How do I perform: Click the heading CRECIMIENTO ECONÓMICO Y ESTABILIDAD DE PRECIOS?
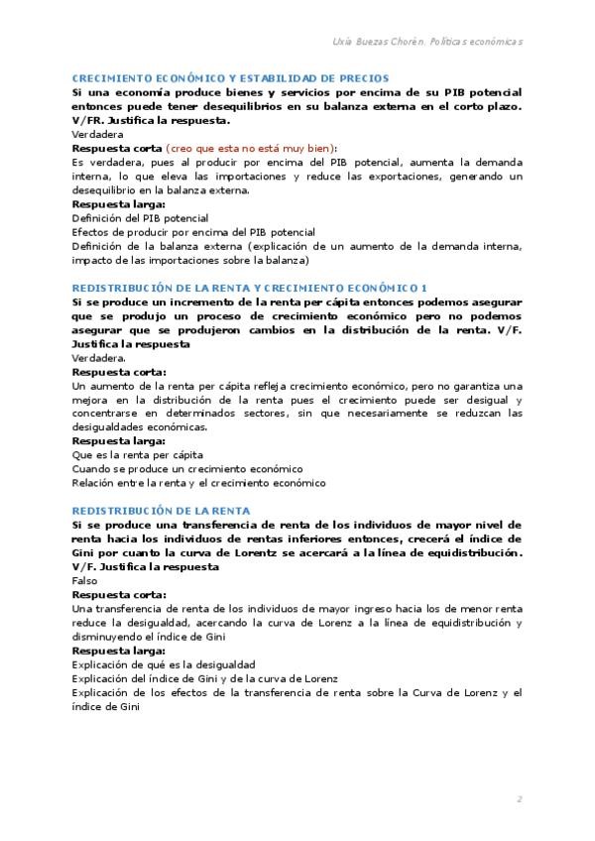click(x=230, y=77)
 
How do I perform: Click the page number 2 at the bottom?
click(x=520, y=799)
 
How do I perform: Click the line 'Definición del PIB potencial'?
click(x=140, y=217)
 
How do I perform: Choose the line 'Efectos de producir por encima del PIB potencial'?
click(x=193, y=231)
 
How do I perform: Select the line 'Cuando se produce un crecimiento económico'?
click(x=187, y=468)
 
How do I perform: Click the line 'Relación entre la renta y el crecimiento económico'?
click(x=198, y=483)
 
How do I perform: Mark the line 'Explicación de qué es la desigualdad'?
click(x=164, y=664)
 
